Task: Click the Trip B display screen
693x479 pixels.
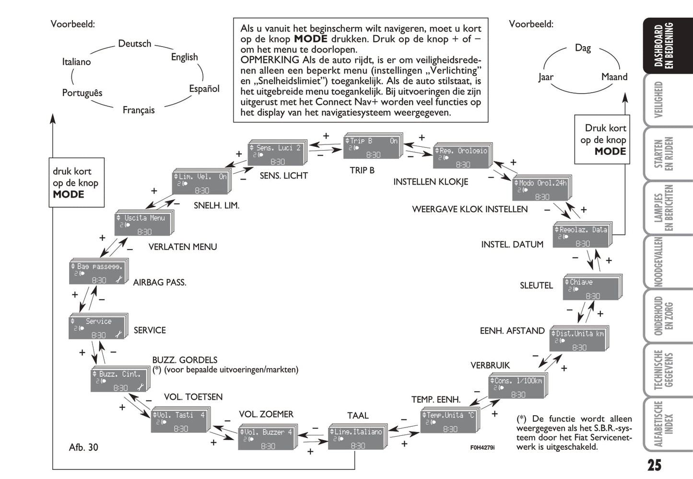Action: (372, 147)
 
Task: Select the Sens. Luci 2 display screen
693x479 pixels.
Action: (276, 155)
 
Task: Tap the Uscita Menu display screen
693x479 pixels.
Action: (143, 224)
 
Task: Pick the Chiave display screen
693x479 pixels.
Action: (591, 288)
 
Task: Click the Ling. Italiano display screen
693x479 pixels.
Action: (356, 438)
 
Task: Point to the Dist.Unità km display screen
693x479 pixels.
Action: (578, 340)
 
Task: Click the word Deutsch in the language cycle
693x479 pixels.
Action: (135, 44)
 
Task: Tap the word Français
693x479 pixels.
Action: (139, 110)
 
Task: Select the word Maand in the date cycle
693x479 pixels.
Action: (614, 77)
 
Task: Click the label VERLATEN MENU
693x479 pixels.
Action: (183, 247)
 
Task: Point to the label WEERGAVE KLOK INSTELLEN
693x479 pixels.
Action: (470, 209)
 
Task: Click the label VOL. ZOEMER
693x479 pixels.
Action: (266, 414)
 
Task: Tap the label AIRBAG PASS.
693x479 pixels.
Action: (160, 283)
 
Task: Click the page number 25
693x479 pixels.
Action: (654, 465)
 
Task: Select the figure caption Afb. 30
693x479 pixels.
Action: (83, 447)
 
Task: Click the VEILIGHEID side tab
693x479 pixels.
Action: (659, 100)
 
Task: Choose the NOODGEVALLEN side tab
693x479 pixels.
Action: (659, 262)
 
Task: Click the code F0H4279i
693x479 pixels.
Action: (482, 447)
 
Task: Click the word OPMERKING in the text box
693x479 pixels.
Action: (270, 60)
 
